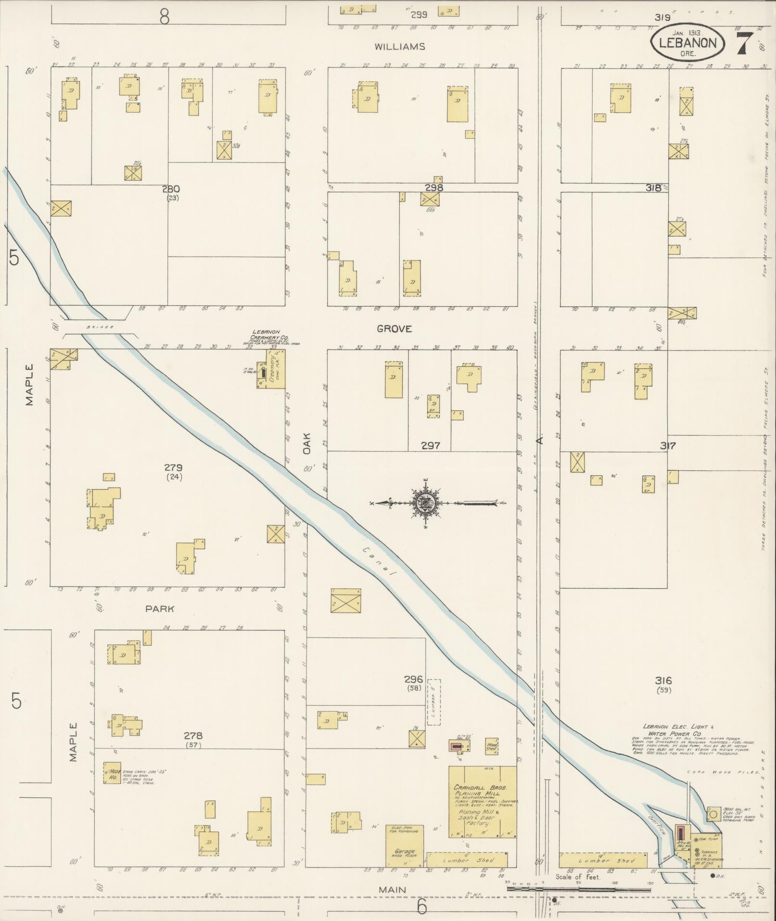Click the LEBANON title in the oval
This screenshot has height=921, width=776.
[687, 43]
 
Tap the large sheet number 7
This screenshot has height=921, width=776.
[744, 44]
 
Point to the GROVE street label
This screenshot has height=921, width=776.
[394, 329]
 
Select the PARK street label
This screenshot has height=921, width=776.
[160, 609]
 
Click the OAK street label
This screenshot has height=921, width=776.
[307, 443]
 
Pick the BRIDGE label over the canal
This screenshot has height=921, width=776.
[100, 327]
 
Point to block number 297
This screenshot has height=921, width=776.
[430, 446]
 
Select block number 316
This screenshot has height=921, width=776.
[663, 681]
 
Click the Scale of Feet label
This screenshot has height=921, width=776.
[577, 877]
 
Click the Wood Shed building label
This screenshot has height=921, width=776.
[491, 760]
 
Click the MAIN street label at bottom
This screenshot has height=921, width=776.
[392, 890]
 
